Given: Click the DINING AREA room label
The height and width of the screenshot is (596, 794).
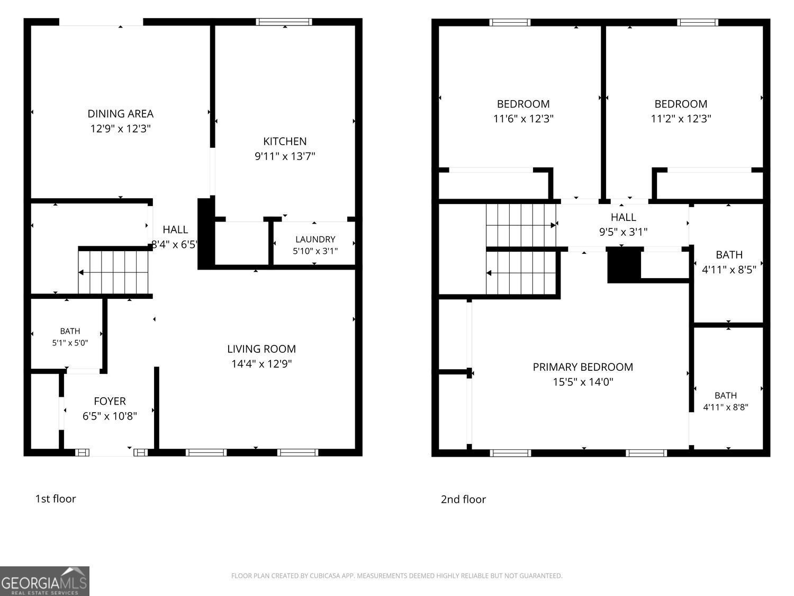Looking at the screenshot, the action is (121, 113).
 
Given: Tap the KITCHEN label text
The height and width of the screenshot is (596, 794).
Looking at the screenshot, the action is (285, 141).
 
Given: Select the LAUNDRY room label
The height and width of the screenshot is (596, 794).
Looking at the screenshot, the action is (315, 239).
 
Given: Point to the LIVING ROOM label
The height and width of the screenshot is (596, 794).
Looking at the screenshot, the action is (261, 349).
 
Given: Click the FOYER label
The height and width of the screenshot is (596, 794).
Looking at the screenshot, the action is (110, 401).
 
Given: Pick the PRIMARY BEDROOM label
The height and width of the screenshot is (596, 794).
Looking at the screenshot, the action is (583, 367).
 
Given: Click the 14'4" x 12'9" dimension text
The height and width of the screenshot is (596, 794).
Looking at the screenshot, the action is (261, 363).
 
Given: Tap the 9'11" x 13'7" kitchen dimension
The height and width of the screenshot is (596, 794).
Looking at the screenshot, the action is (285, 156).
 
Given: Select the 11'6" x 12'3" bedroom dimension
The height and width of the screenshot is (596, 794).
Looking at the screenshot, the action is (523, 118).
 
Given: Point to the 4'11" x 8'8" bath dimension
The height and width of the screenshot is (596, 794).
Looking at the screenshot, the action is (725, 407).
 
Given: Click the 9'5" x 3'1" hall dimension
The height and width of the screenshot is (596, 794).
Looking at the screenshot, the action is (623, 232).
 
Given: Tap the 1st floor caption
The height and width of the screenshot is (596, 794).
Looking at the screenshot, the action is (56, 499).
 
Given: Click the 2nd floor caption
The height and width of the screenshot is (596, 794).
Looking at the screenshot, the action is (463, 500).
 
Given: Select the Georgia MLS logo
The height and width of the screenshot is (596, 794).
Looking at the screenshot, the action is (44, 581).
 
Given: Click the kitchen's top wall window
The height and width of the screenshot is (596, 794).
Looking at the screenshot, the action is (284, 22).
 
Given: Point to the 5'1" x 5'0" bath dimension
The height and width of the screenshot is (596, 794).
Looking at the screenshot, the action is (70, 342).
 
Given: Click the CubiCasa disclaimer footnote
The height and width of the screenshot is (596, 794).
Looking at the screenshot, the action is (396, 576).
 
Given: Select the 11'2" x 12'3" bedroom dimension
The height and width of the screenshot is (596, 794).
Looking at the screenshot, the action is (681, 118).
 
